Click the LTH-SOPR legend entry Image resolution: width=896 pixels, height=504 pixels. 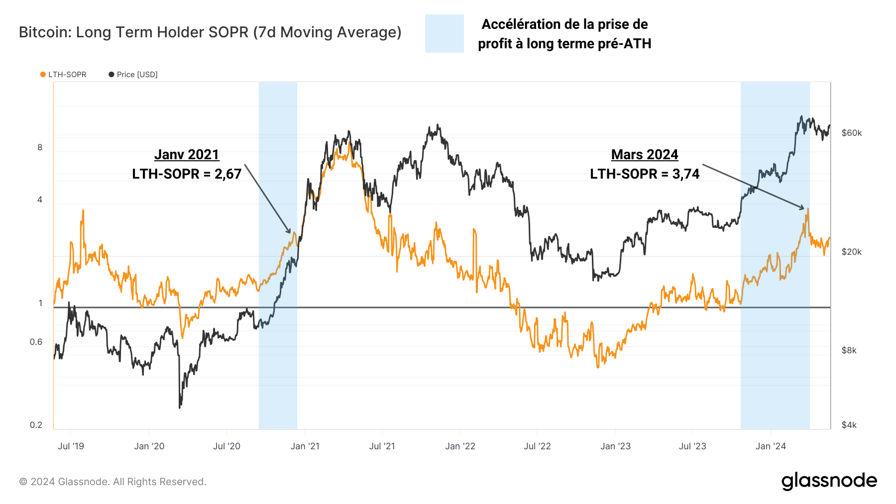point(63,75)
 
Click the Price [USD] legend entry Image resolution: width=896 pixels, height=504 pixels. point(133,75)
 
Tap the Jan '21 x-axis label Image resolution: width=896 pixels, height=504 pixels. point(305,446)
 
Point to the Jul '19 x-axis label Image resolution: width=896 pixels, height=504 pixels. point(71,446)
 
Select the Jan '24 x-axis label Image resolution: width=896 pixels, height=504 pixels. point(771,446)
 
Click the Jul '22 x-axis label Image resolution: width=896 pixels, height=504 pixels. point(537,446)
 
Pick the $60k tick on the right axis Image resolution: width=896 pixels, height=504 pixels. point(852,133)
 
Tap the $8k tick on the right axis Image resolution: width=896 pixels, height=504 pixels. point(849,350)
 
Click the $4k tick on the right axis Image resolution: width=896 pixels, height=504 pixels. point(849,425)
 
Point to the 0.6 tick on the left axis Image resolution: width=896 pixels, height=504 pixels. point(36,342)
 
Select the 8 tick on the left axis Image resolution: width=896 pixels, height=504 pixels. point(40,147)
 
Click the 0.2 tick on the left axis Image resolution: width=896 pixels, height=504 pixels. point(36,425)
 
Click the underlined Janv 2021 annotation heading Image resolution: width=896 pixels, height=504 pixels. point(187,155)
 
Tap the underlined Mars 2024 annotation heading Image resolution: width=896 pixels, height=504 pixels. point(645,155)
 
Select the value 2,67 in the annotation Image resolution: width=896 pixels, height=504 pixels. point(227,174)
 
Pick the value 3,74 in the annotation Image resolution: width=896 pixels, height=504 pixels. point(685,174)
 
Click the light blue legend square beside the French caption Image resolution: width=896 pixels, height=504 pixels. point(444,34)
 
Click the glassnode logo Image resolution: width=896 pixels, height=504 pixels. point(829,481)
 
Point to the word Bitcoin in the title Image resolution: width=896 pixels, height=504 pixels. point(42,32)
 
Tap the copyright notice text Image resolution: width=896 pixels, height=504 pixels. point(112,482)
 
